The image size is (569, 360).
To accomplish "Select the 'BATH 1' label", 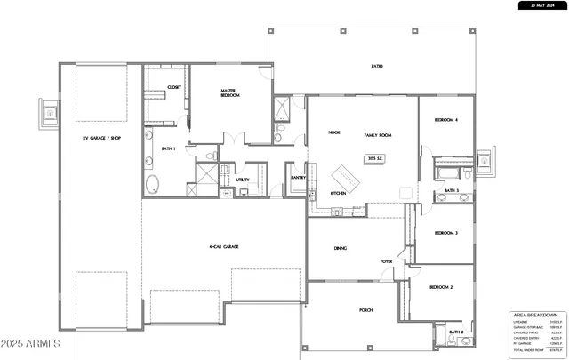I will [x=167, y=149].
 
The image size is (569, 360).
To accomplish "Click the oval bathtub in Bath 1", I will [x=152, y=186].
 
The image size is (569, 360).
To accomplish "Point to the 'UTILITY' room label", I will [x=243, y=180].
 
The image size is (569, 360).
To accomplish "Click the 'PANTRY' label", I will [x=298, y=177].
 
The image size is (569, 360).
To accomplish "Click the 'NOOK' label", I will [x=334, y=132].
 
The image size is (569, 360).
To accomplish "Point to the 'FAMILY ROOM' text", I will [x=378, y=135].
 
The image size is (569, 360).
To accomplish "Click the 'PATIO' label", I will [x=377, y=66].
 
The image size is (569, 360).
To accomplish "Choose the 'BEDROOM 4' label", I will [x=445, y=119].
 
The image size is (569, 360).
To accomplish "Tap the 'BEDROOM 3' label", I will [x=445, y=233].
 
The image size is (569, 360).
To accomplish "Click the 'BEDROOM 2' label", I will [x=442, y=288].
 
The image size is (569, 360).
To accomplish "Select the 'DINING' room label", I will [x=341, y=249].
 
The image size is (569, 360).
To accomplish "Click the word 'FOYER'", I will [x=387, y=261].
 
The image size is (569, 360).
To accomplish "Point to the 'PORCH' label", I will [x=365, y=310].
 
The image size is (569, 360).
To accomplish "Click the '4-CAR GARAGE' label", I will [x=223, y=246].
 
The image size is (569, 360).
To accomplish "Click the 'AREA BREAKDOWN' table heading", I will [x=535, y=315].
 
